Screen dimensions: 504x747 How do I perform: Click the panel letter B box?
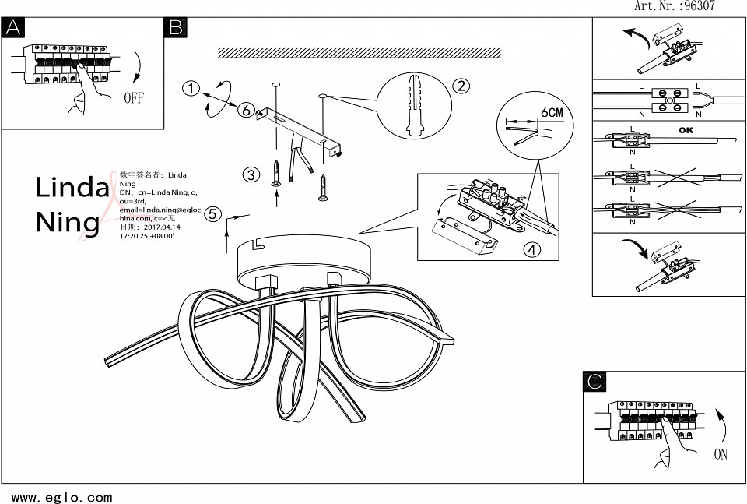(175, 28)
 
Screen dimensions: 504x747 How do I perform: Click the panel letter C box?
(594, 381)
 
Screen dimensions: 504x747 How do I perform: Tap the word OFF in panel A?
(134, 98)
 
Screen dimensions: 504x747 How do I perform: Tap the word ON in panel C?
(721, 454)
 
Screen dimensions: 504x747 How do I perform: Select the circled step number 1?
(191, 88)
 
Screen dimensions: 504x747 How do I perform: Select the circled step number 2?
(461, 86)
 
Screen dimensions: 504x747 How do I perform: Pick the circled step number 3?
(251, 174)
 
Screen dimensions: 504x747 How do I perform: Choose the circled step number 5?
(214, 214)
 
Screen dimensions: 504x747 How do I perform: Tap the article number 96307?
(698, 6)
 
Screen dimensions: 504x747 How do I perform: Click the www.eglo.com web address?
(62, 497)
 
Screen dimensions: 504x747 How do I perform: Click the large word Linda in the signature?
(72, 187)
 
